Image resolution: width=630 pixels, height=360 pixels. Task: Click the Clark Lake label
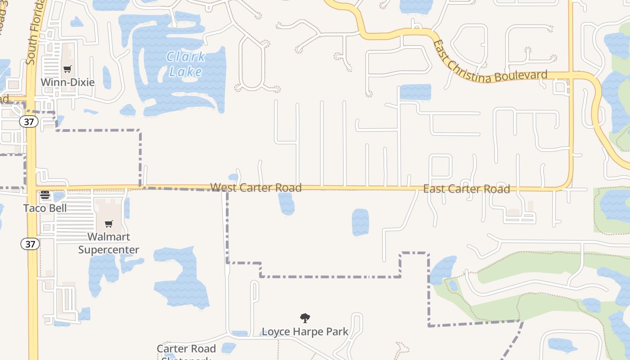[x=186, y=64]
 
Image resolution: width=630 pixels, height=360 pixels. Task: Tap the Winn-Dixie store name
[x=67, y=82]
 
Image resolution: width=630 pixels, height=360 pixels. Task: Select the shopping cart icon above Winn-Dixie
[x=67, y=69]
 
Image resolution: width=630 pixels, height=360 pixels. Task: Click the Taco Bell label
[x=45, y=208]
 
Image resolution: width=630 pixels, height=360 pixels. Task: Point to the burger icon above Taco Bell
[x=45, y=195]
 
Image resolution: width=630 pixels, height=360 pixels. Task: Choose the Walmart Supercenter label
[x=108, y=243]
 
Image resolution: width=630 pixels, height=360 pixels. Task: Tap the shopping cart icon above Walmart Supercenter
[x=108, y=224]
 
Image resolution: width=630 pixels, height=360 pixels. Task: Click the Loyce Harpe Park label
[x=305, y=332]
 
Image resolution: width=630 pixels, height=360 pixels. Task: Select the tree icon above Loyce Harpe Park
[x=305, y=318]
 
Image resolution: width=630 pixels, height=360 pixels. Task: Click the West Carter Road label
[x=256, y=187]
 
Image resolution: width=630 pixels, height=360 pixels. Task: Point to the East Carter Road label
[x=466, y=189]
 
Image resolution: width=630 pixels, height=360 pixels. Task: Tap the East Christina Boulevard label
[x=490, y=63]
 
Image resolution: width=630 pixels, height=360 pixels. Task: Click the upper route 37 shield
[x=29, y=121]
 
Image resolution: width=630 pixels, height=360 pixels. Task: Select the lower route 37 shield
[x=30, y=244]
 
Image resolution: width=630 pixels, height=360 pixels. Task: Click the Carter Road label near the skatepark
[x=186, y=349]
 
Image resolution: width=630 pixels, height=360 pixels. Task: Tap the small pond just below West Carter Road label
[x=286, y=203]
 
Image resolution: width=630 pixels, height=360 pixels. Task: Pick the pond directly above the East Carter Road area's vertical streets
[x=415, y=92]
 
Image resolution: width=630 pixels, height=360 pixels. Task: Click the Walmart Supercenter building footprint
[x=108, y=211]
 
